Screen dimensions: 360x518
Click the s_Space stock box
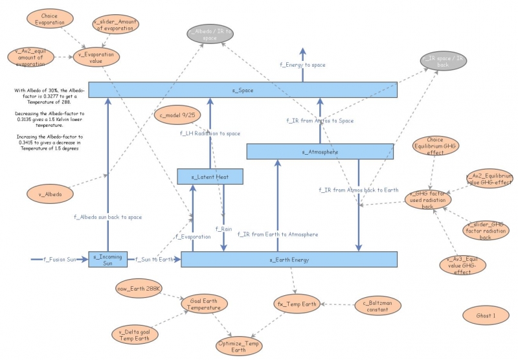point(242,90)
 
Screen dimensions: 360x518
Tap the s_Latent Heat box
point(210,175)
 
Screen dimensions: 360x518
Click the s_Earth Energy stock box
point(288,260)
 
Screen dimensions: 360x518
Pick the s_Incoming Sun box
point(108,260)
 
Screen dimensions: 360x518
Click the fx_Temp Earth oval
point(297,304)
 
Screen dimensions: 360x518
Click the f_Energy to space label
point(302,65)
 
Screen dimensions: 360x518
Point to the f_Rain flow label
point(223,229)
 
